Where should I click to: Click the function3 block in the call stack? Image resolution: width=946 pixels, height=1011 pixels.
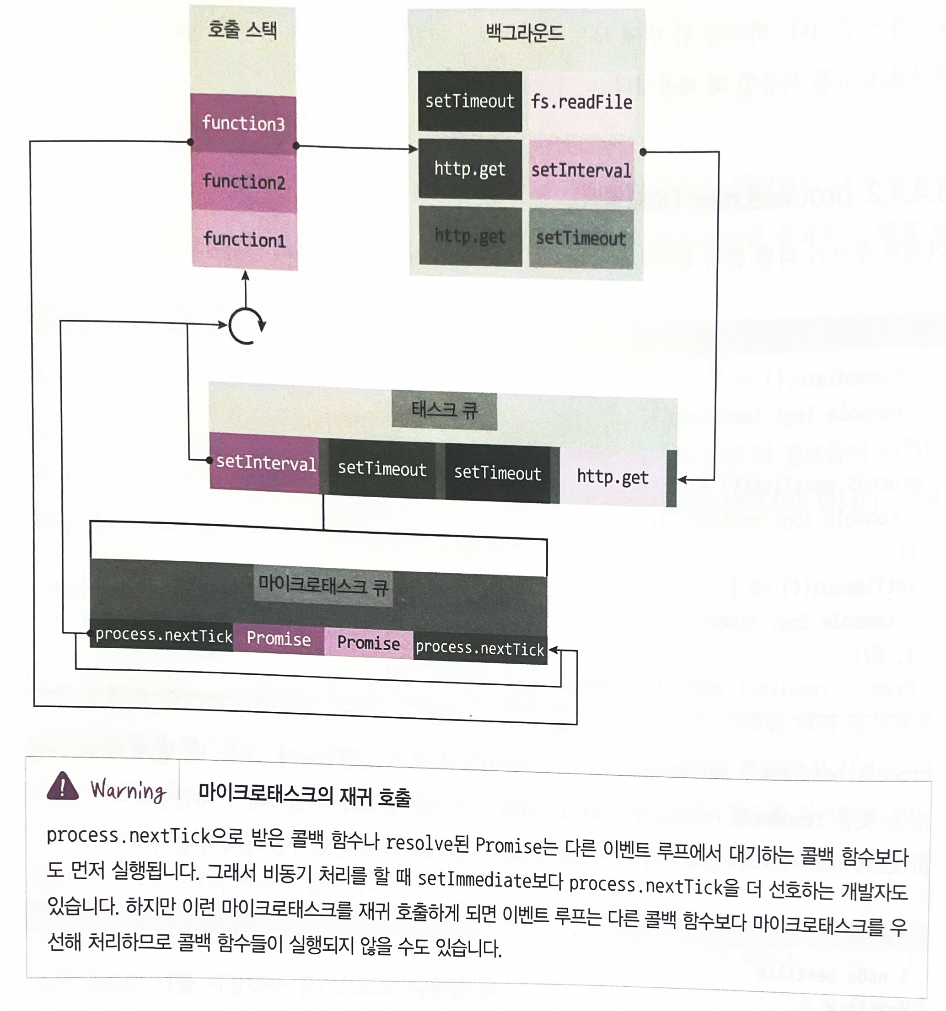(243, 124)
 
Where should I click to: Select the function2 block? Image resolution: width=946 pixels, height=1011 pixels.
(244, 182)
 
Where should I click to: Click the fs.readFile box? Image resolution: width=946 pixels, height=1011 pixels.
(581, 102)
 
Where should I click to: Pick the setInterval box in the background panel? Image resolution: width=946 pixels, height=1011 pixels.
(581, 170)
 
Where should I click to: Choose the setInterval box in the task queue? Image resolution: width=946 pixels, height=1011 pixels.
(265, 463)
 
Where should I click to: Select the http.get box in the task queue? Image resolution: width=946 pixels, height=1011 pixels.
(613, 477)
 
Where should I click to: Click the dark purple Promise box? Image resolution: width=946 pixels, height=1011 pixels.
(278, 639)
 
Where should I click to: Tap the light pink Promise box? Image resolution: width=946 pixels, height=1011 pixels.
(368, 643)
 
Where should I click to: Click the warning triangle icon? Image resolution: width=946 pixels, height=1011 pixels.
(63, 786)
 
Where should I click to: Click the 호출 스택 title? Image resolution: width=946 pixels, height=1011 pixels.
(242, 29)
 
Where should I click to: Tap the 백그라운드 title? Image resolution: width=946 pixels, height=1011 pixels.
(525, 33)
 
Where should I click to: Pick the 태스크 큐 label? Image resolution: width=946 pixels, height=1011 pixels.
(444, 410)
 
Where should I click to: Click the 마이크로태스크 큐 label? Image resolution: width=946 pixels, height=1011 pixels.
(323, 586)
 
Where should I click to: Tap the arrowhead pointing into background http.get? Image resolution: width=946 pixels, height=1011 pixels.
(413, 149)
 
